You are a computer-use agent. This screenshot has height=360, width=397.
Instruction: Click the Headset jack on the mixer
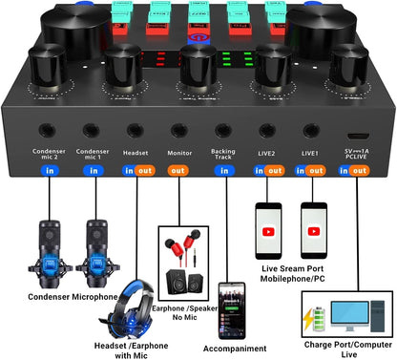[x=135, y=132]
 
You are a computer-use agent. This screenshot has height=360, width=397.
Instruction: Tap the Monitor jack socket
[x=178, y=132]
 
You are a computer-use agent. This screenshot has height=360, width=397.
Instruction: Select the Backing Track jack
[x=222, y=132]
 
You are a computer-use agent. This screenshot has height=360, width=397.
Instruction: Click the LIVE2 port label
[x=266, y=152]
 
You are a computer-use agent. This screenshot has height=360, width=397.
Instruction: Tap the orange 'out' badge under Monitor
[x=178, y=171]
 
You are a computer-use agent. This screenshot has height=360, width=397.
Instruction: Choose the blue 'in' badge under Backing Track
[x=222, y=171]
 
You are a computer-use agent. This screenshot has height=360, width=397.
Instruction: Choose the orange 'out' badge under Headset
[x=144, y=171]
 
